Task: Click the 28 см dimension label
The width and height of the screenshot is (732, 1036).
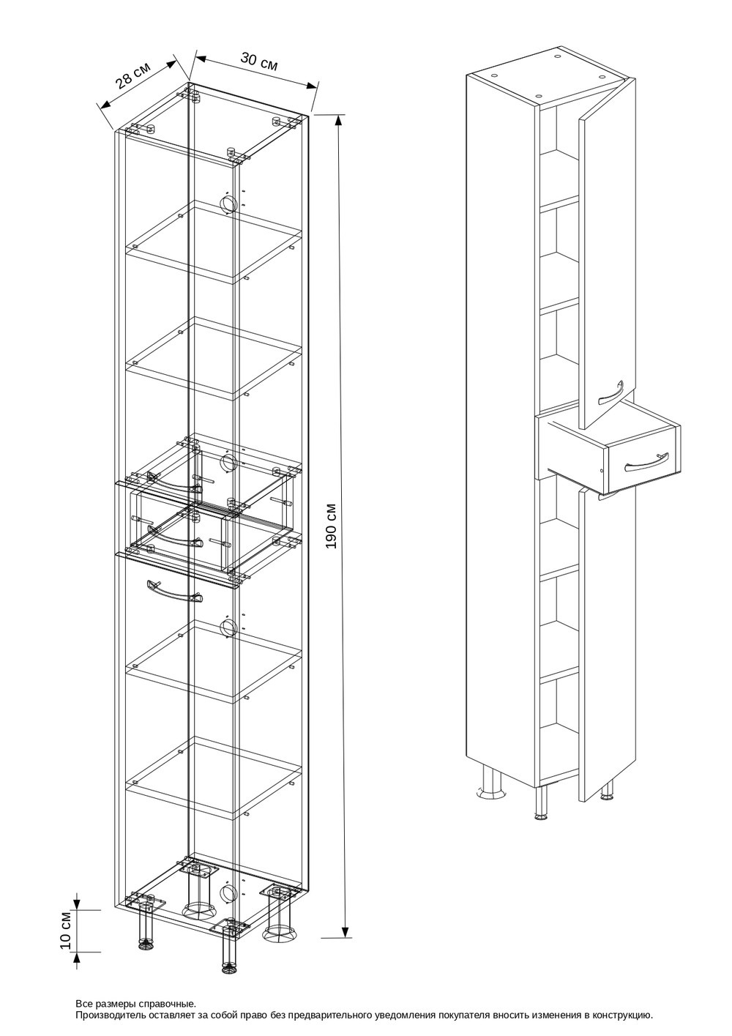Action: pyautogui.click(x=133, y=75)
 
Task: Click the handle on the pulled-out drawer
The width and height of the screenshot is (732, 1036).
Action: pyautogui.click(x=645, y=463)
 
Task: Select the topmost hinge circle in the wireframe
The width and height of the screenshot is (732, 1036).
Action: pyautogui.click(x=228, y=204)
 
